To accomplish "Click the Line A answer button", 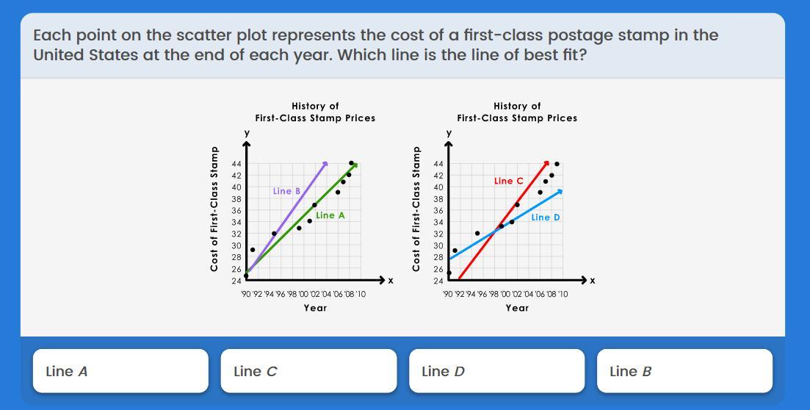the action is click(x=120, y=371).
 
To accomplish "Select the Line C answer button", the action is click(x=308, y=371).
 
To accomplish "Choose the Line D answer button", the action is click(x=497, y=371).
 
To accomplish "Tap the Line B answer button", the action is click(x=685, y=371).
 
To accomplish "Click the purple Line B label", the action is click(x=286, y=191).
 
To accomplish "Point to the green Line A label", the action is click(x=330, y=215).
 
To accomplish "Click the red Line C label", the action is click(x=509, y=181).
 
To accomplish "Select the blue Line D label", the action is click(x=546, y=217).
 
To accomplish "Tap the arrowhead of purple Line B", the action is click(x=325, y=164).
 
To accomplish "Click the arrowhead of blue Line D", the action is click(x=560, y=191).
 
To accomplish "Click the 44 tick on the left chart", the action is click(x=236, y=164).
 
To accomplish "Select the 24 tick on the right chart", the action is click(x=438, y=281).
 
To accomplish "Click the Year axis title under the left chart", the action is click(x=315, y=308).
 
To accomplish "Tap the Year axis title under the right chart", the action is click(x=517, y=308).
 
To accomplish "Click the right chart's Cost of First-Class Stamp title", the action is click(x=416, y=209).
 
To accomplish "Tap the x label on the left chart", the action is click(x=391, y=281).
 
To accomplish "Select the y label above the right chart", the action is click(x=449, y=134).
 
